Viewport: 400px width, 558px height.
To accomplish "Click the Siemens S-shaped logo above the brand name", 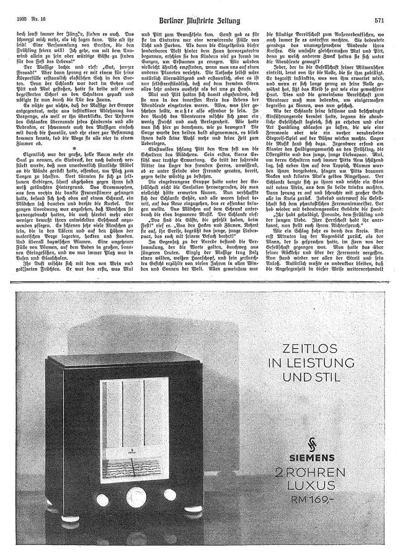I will coord(292,442).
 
